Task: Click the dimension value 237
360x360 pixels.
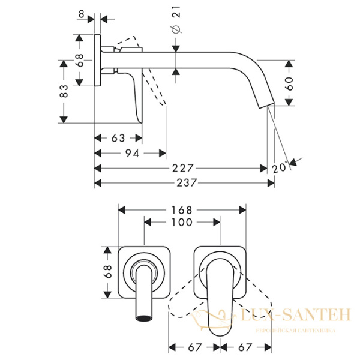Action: click(187, 183)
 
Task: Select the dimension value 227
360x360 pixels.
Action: click(183, 168)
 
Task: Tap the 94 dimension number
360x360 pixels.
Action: click(133, 154)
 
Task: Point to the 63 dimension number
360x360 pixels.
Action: click(118, 138)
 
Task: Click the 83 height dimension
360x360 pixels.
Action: click(64, 91)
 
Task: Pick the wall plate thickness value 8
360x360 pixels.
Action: click(81, 14)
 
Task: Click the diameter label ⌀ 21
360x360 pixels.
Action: click(176, 20)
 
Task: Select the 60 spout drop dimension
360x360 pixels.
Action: click(290, 83)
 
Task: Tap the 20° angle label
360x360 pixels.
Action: click(280, 167)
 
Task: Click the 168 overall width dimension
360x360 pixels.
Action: click(182, 210)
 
